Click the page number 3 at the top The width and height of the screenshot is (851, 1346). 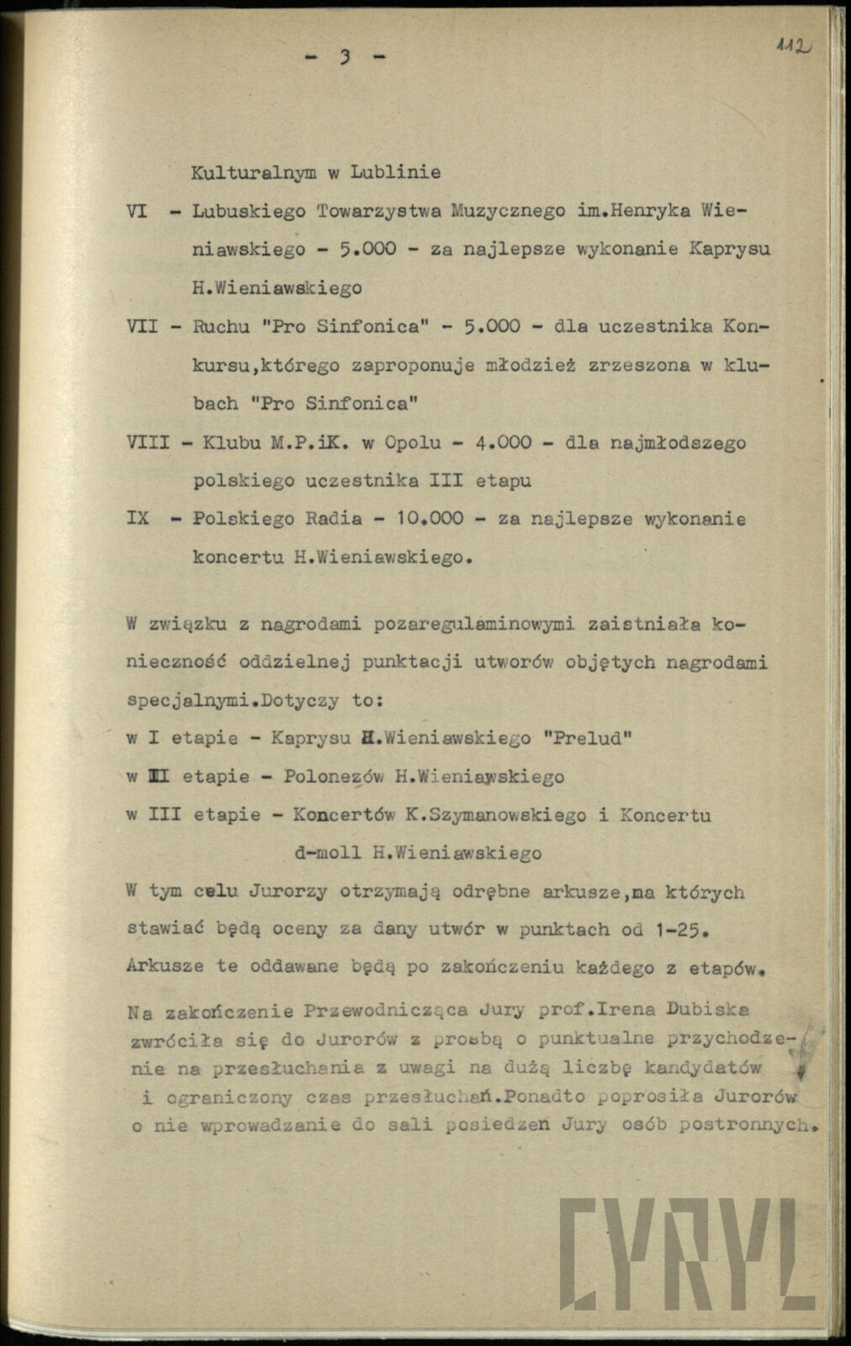[343, 57]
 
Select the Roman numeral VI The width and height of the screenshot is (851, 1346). [138, 210]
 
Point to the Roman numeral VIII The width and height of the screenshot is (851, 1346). [148, 442]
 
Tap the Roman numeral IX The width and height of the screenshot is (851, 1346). [138, 519]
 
